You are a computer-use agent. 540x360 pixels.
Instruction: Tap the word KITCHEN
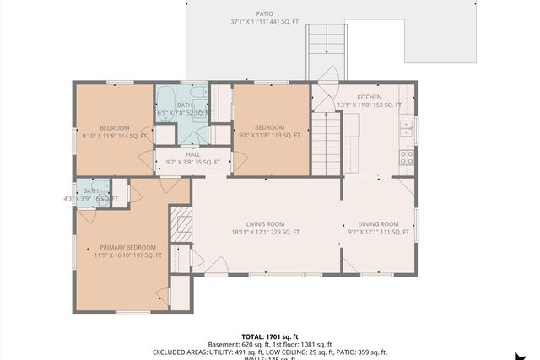pos(370,97)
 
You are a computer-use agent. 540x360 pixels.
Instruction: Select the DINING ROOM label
pos(378,223)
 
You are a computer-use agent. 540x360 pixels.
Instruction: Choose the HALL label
pos(192,154)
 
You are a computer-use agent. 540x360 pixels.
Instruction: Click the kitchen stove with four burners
pos(407,155)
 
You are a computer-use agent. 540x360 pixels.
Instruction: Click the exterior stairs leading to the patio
pos(326,51)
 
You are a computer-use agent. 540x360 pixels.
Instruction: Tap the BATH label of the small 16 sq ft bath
pos(90,191)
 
